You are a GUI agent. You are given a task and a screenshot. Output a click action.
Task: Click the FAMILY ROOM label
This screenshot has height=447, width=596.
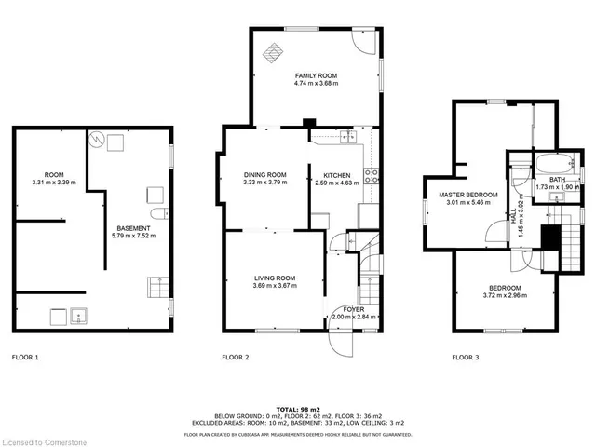[316, 74]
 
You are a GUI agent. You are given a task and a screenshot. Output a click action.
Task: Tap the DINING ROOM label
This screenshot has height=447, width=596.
[264, 174]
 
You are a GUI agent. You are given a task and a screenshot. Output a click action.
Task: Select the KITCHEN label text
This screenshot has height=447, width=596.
[336, 174]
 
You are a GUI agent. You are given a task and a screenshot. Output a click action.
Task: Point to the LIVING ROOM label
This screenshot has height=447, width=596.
[275, 278]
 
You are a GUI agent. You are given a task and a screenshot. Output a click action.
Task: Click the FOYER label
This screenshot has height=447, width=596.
[354, 308]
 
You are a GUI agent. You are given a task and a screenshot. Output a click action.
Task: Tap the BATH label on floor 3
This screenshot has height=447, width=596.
[557, 179]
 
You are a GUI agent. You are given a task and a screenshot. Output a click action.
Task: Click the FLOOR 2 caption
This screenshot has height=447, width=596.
[235, 357]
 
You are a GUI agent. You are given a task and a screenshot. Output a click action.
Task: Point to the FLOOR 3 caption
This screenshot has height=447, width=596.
[466, 357]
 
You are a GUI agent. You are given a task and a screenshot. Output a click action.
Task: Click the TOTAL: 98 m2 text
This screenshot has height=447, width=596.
[297, 409]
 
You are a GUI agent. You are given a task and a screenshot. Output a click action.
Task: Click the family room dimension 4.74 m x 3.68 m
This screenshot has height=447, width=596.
[316, 84]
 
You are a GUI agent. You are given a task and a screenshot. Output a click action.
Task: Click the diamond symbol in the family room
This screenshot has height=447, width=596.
[273, 52]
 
